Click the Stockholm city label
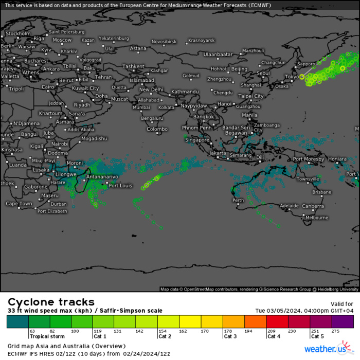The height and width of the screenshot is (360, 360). [18, 33]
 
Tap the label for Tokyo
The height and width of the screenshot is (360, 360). [292, 77]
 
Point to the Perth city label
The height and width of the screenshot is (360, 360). [239, 200]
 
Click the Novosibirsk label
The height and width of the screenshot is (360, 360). [164, 41]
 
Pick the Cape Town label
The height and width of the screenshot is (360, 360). [19, 204]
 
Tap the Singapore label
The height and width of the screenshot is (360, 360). [197, 139]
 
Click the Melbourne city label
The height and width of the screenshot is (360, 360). [317, 218]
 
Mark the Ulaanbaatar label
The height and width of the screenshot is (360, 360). [218, 54]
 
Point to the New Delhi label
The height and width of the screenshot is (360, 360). [151, 89]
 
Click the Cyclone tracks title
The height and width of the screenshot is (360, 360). [51, 302]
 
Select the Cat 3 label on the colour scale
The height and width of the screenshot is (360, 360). [230, 336]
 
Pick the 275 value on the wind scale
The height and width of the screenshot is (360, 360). [336, 331]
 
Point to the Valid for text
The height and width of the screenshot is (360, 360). [342, 304]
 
